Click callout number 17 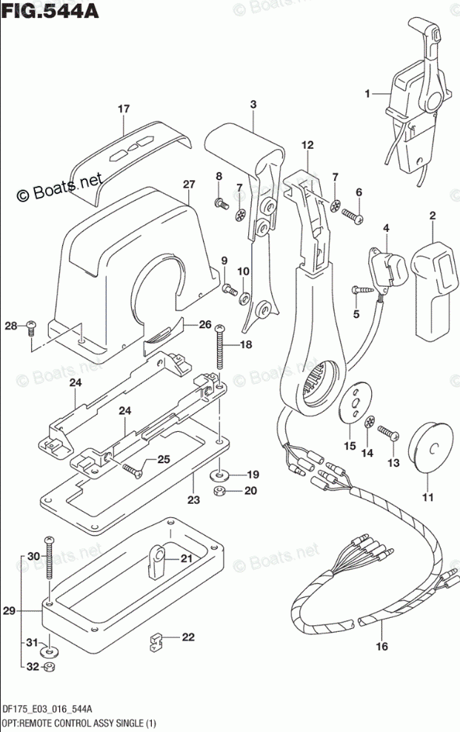click(x=123, y=109)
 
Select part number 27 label click(x=189, y=184)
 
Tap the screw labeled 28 click(x=31, y=326)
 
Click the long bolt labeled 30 click(x=49, y=563)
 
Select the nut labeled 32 click(x=48, y=667)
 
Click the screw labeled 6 click(x=352, y=215)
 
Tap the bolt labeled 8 click(x=220, y=202)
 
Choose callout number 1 click(x=366, y=93)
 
